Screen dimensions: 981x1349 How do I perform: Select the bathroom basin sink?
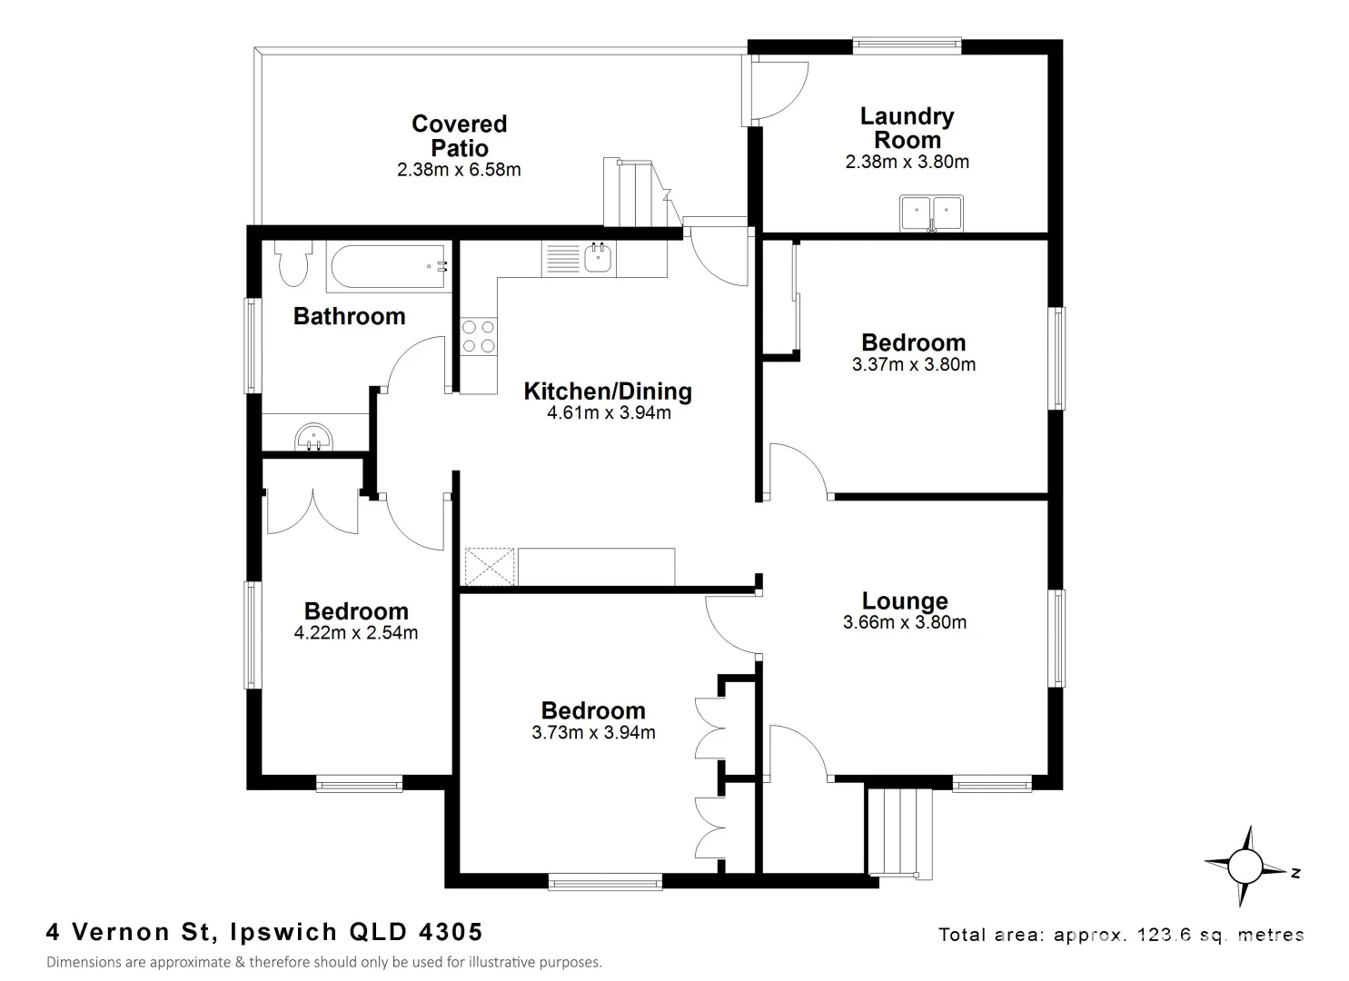coord(314,438)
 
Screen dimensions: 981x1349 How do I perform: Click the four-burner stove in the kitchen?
coord(478,337)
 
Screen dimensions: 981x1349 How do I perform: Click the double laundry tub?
coord(931,214)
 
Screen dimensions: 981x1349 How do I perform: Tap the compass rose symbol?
coord(1245,866)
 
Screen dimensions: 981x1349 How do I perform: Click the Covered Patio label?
coord(459,135)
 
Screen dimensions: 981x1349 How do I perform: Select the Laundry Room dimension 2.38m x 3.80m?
coord(907,163)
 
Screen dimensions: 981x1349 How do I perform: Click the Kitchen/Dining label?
coord(608,391)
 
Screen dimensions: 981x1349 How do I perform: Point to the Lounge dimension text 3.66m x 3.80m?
coord(904,623)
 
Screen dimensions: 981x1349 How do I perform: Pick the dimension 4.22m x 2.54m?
coord(356,633)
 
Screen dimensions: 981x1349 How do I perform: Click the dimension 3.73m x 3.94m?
coord(593,733)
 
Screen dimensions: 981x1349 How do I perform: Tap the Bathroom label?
coord(349,316)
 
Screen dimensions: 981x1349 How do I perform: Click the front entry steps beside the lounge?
coord(899,832)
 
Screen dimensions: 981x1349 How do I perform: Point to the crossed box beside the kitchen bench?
coord(489,568)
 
